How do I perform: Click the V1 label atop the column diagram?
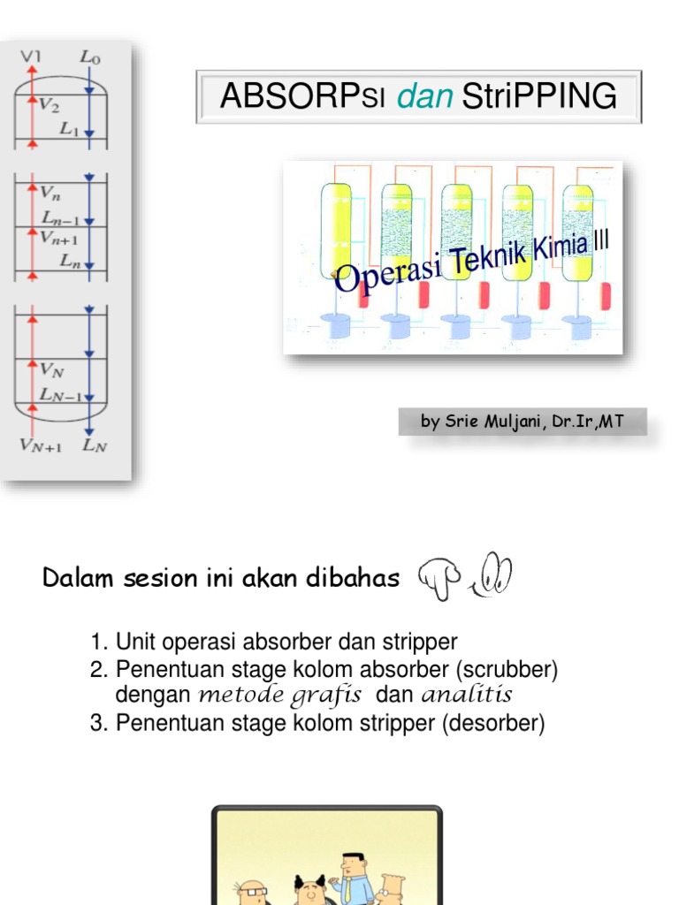pyautogui.click(x=31, y=57)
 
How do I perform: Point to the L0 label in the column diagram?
pyautogui.click(x=89, y=57)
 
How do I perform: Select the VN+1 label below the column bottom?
pyautogui.click(x=41, y=445)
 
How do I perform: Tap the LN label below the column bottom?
pyautogui.click(x=95, y=445)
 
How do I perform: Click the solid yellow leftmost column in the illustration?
pyautogui.click(x=336, y=230)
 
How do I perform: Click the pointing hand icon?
pyautogui.click(x=439, y=576)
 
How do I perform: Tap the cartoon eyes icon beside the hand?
pyautogui.click(x=493, y=574)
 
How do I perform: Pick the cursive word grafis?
pyautogui.click(x=329, y=695)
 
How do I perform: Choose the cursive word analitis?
pyautogui.click(x=467, y=695)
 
